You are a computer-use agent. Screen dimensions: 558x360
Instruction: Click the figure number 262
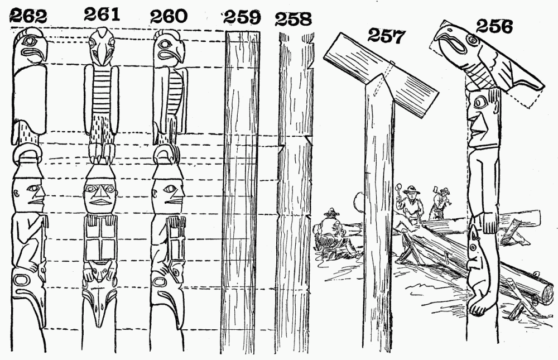pos(28,16)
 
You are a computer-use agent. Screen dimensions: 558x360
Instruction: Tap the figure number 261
pos(102,15)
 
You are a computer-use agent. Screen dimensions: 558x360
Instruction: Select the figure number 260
pos(169,16)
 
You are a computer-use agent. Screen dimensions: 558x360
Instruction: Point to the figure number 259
pos(242,17)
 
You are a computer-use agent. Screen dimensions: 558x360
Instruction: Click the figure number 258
pos(294,19)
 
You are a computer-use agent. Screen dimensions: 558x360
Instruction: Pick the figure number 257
pos(386,36)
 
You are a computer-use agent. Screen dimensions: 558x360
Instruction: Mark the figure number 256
pos(494,26)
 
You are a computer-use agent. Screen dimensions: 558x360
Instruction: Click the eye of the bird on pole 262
pos(27,41)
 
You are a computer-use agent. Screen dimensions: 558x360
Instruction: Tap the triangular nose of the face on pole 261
pos(100,193)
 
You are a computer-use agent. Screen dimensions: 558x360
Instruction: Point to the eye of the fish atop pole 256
pos(473,40)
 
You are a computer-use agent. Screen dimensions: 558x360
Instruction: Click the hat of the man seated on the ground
pos(331,213)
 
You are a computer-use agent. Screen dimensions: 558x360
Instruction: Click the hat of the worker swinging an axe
pos(444,190)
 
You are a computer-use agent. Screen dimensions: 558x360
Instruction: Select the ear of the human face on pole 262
pos(16,194)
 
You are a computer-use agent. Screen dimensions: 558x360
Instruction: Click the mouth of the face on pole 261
pos(100,202)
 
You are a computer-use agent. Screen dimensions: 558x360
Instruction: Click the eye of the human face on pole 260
pos(170,188)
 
